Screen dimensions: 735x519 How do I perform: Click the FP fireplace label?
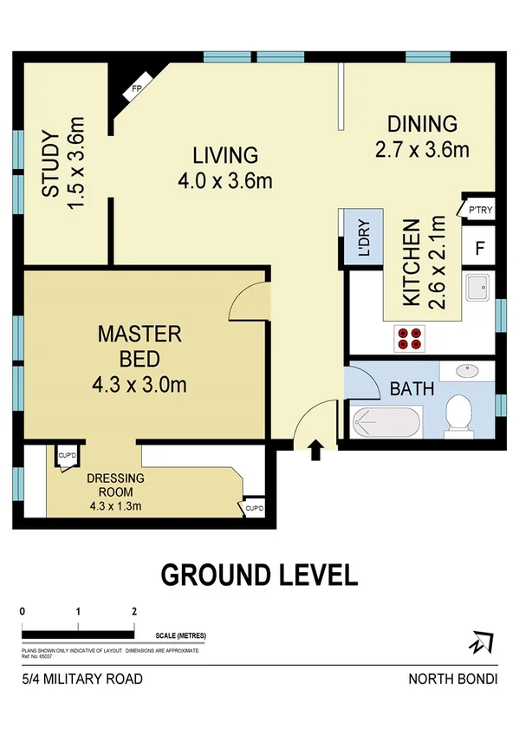pyautogui.click(x=136, y=89)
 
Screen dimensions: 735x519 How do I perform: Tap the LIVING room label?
pyautogui.click(x=225, y=156)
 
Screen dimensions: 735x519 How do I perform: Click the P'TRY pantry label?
pyautogui.click(x=479, y=210)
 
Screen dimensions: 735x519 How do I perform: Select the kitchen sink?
pyautogui.click(x=477, y=287)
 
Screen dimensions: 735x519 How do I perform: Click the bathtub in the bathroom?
pyautogui.click(x=387, y=424)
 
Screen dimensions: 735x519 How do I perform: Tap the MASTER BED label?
pyautogui.click(x=139, y=344)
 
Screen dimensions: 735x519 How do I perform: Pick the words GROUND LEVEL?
pyautogui.click(x=259, y=575)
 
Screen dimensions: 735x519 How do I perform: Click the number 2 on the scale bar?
pyautogui.click(x=133, y=611)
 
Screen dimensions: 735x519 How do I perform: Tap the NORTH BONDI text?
pyautogui.click(x=452, y=679)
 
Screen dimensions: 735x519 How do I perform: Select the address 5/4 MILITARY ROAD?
pyautogui.click(x=82, y=679)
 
